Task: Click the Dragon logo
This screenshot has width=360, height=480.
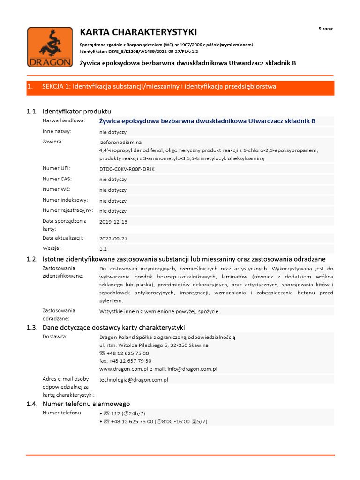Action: coord(49,48)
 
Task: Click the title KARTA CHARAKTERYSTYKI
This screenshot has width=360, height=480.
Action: coord(138,32)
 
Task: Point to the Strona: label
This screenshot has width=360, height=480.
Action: coord(326,29)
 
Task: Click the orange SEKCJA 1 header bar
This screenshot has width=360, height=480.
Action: coord(180,87)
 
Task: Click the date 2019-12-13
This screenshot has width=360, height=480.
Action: coord(113,222)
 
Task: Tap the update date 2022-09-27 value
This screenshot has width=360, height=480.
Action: coord(113,239)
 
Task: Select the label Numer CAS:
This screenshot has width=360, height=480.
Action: coord(57,179)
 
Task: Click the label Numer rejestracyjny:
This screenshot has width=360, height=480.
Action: coord(67,210)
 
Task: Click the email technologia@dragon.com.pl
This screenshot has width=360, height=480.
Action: coord(134,379)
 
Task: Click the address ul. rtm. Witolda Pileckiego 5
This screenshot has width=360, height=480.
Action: coord(141,345)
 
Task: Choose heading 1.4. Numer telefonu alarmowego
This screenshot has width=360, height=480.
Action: coord(78,404)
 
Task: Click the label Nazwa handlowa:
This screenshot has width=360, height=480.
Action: coord(64,120)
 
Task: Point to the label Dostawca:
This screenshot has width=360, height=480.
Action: coord(55,337)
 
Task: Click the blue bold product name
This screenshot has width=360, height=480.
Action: coord(207,121)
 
